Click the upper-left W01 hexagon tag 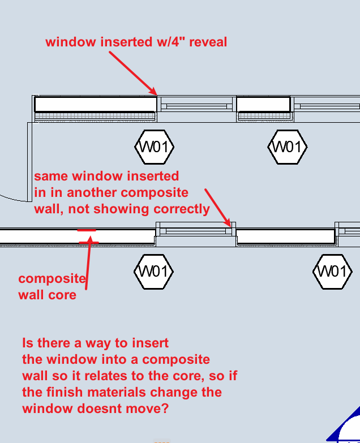click(x=154, y=147)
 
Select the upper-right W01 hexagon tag click(x=287, y=147)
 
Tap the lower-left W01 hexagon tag click(x=153, y=272)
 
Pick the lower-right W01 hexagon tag click(x=332, y=272)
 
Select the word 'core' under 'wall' click(x=62, y=295)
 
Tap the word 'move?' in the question click(x=148, y=408)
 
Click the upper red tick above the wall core click(x=87, y=230)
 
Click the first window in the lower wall click(x=195, y=231)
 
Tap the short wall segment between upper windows click(x=263, y=105)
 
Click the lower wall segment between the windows click(x=285, y=236)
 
